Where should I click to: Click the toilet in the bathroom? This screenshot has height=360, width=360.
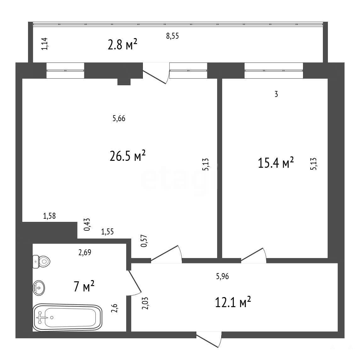[41, 262]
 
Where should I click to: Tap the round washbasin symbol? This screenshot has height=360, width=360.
[39, 288]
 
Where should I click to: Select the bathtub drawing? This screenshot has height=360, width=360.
[67, 317]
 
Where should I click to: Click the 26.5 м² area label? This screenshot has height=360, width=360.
[128, 156]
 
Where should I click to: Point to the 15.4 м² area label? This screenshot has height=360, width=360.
[276, 163]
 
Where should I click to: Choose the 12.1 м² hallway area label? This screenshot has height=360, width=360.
[233, 302]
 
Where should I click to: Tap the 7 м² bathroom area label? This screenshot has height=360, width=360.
[84, 286]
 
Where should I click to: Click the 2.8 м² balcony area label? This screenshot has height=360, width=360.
[122, 44]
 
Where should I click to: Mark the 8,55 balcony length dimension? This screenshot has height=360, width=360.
[172, 36]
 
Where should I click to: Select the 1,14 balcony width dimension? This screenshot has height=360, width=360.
[44, 44]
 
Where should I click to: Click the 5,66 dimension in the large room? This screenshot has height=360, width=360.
[119, 118]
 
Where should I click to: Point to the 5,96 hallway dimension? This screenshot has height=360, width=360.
[222, 276]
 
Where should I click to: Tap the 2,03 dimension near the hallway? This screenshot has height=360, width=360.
[145, 303]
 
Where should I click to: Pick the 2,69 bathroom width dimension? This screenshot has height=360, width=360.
[85, 253]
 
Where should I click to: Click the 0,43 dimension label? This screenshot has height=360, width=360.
[87, 224]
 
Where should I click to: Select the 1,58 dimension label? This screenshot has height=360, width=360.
[49, 216]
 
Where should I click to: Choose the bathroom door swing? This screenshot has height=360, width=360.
[135, 282]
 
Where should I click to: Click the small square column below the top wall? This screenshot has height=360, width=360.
[124, 82]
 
